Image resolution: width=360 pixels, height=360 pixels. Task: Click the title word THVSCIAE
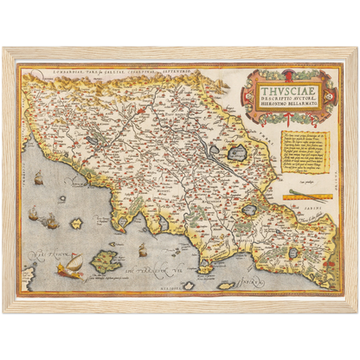283,84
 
